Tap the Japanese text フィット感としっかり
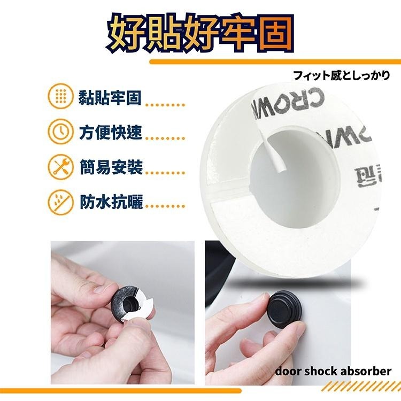point(342,75)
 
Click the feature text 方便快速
point(110,132)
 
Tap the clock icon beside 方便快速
point(60,132)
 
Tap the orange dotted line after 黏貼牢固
point(165,105)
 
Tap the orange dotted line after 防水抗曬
point(165,206)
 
